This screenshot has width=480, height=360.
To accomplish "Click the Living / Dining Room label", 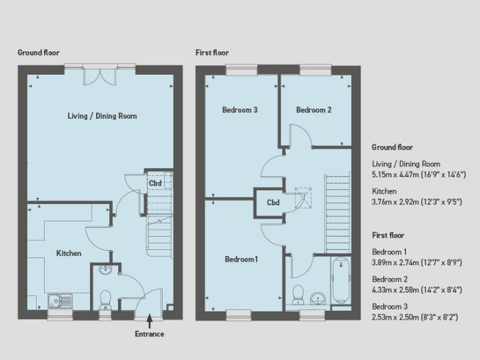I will (102, 116).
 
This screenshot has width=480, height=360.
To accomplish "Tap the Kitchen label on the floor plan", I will (69, 253).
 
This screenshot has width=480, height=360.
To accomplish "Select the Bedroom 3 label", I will (240, 110).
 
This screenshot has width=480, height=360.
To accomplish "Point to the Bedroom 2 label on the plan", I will (314, 110).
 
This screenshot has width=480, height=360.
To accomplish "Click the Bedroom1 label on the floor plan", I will (242, 260).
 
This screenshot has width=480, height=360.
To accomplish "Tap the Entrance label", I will (149, 333).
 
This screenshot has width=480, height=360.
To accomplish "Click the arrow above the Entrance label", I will (149, 319).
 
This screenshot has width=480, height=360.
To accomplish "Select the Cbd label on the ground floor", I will (155, 183).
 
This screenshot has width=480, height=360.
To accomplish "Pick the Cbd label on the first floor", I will (273, 202).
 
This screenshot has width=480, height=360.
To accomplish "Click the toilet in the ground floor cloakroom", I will (104, 298).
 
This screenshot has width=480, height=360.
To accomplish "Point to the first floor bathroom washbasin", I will (318, 298).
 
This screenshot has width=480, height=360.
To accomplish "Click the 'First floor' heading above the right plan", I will (212, 53).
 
